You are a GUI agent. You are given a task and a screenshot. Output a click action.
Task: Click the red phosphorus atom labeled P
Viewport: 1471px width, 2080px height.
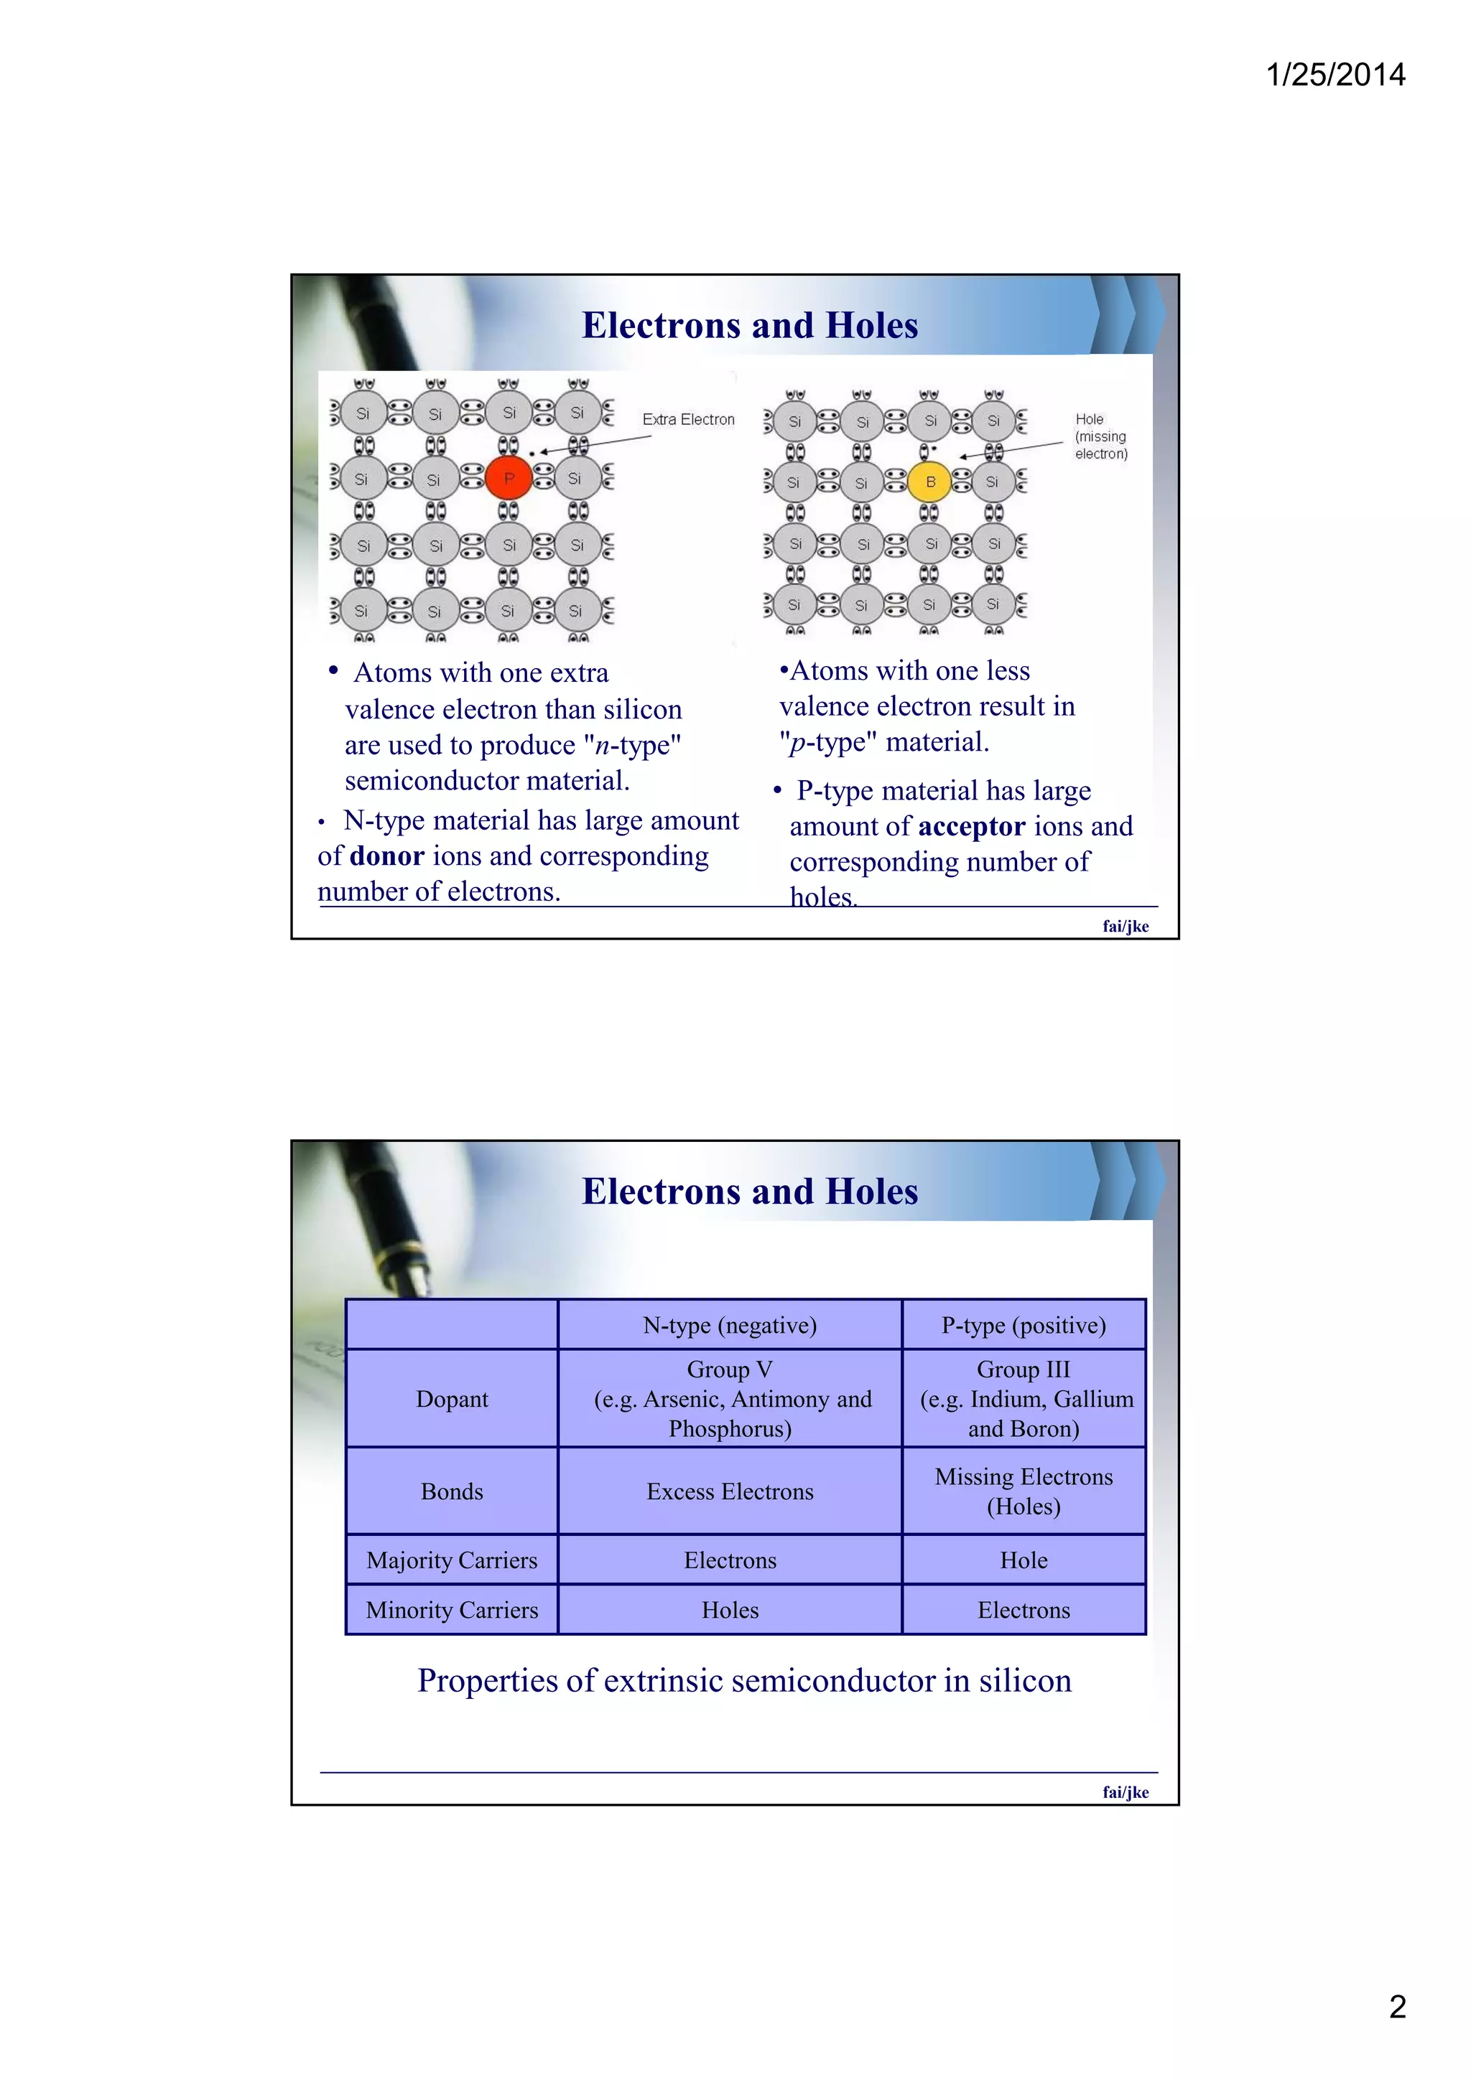(509, 478)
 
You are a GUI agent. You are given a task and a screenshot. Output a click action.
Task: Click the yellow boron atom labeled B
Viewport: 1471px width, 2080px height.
(929, 482)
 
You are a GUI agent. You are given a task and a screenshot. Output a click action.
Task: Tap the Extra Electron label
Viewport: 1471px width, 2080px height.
(688, 419)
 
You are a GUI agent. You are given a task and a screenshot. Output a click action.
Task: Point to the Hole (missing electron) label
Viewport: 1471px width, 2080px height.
(1100, 436)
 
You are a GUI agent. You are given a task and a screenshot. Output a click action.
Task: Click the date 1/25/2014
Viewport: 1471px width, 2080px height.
(1334, 75)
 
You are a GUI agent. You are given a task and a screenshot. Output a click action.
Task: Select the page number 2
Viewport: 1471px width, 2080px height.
(1397, 2007)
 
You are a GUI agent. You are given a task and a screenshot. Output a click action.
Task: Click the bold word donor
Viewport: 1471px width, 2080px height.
(387, 856)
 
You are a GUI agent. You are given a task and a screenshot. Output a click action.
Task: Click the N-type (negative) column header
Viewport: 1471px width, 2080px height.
(730, 1326)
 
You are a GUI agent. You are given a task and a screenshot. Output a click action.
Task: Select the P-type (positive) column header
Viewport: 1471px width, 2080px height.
(1024, 1326)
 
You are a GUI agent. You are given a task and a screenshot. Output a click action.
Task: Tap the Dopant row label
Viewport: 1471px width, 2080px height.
(451, 1399)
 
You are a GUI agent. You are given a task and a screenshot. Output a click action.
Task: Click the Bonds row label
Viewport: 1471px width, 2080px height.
(451, 1491)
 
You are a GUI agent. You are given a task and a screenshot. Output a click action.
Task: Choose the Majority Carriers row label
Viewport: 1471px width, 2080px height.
(451, 1560)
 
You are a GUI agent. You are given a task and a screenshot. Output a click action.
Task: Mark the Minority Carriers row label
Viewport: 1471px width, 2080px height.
(451, 1610)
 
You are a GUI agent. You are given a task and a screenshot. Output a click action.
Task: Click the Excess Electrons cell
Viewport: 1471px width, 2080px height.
(730, 1491)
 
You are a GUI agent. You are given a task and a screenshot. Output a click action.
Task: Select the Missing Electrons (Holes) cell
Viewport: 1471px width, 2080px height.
(1024, 1491)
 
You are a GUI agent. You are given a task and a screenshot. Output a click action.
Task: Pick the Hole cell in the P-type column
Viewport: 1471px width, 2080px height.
(1024, 1560)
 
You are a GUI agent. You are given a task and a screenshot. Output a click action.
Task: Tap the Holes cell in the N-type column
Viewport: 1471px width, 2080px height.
(730, 1610)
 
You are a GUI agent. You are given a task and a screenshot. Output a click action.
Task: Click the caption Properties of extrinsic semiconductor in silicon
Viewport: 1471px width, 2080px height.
(744, 1680)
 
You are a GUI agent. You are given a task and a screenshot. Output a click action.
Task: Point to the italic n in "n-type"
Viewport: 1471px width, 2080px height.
(602, 746)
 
